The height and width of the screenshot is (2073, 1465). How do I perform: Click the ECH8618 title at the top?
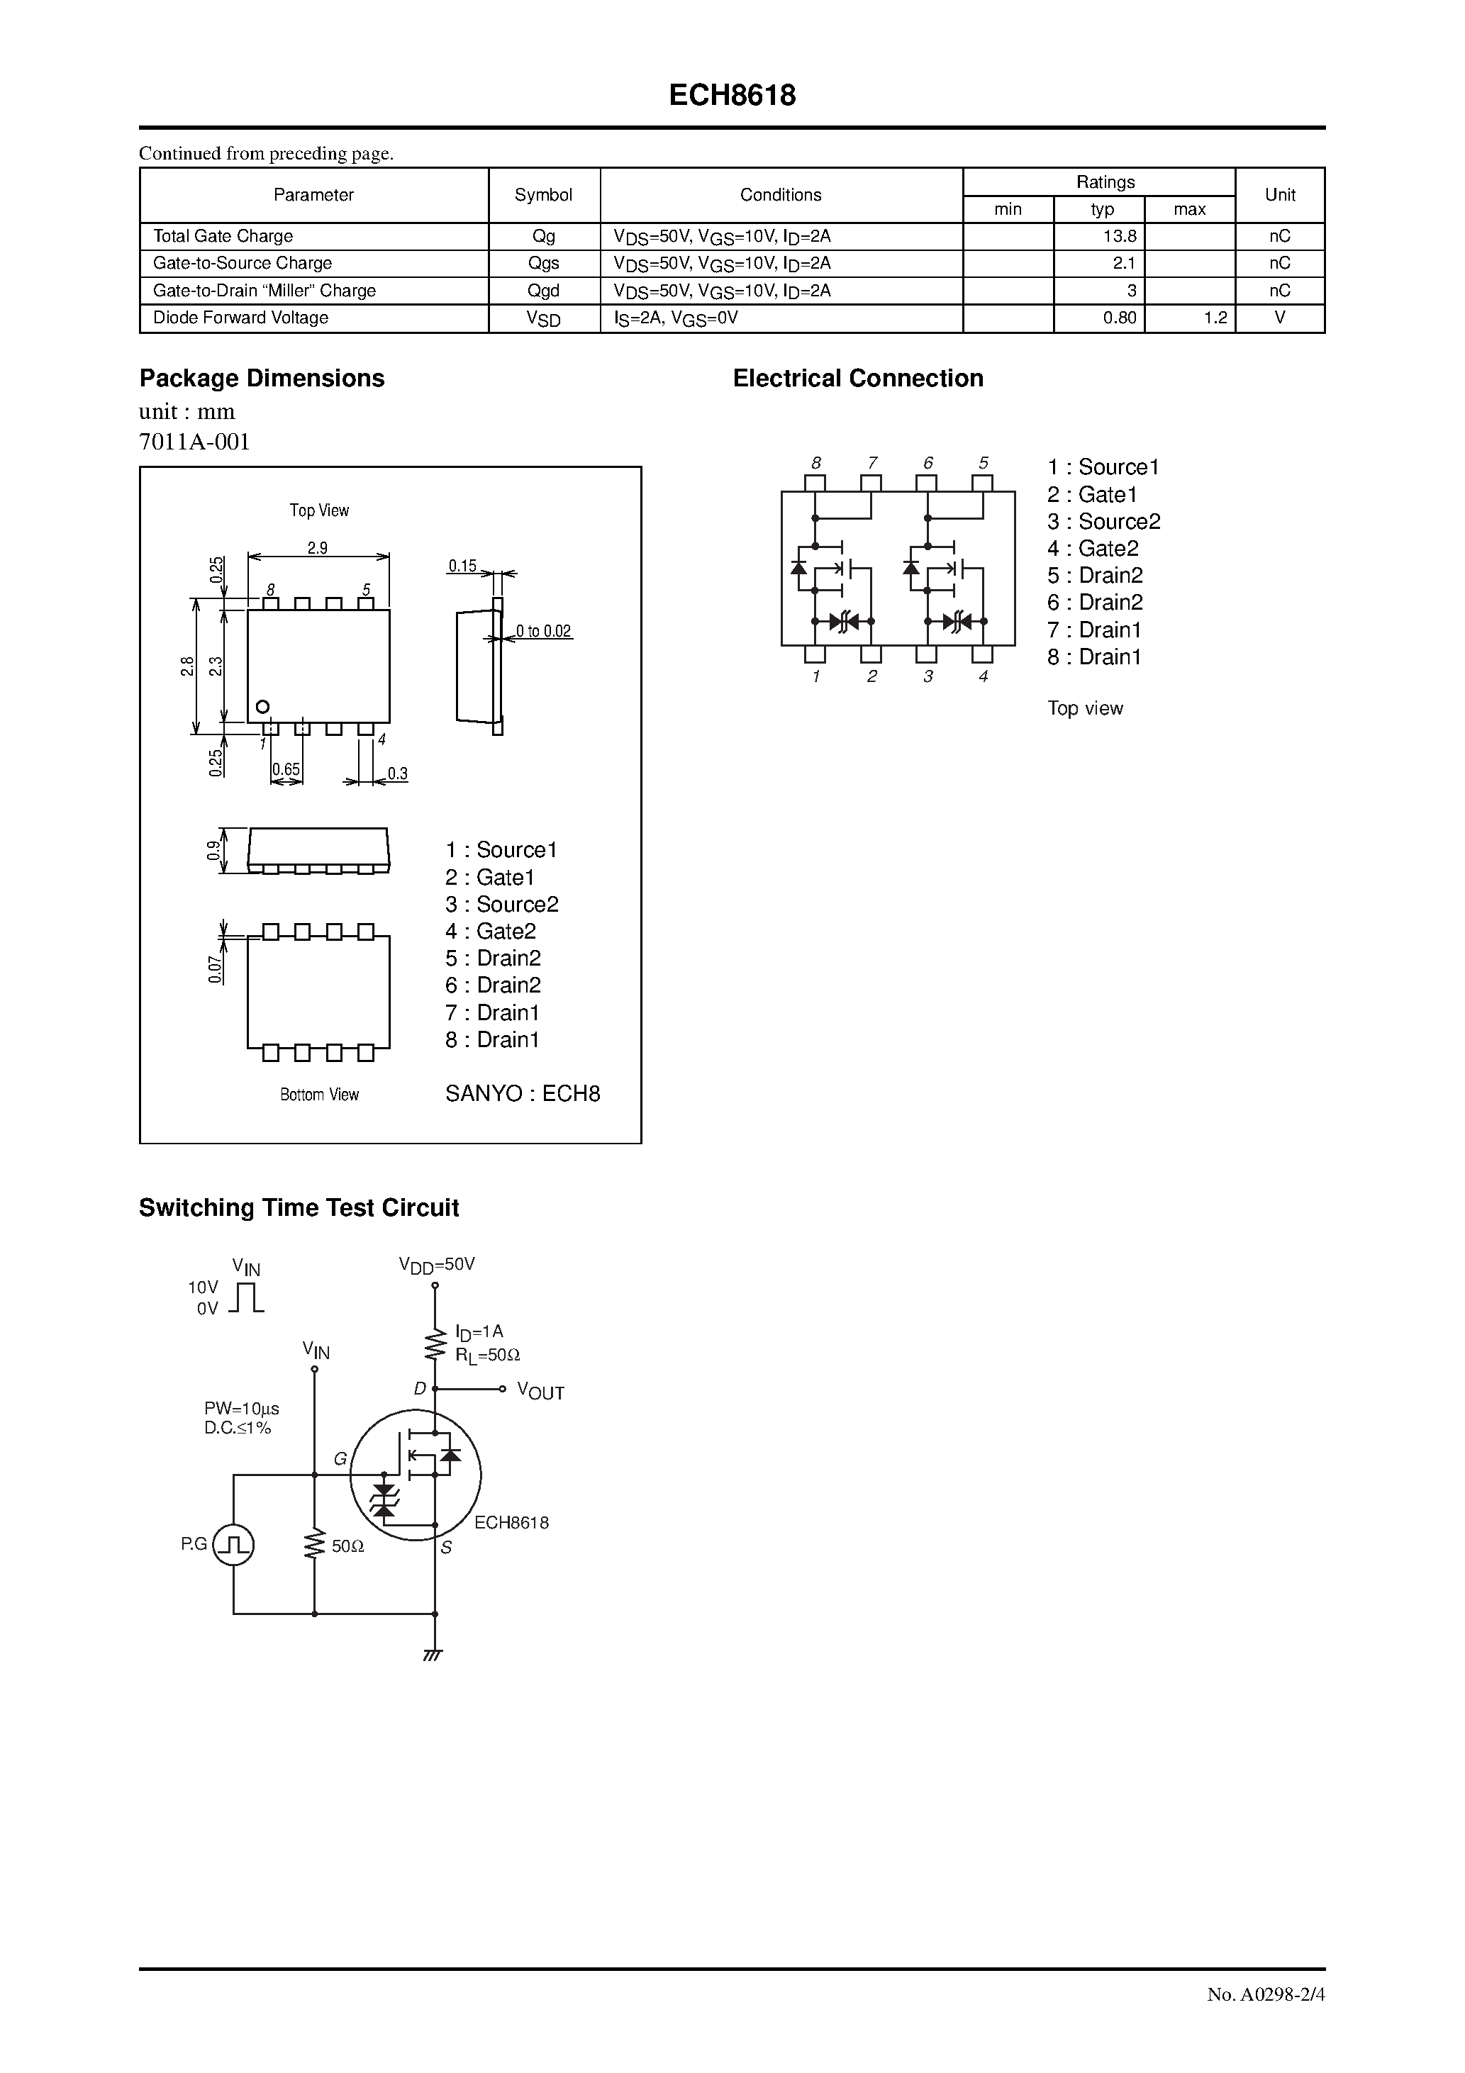coord(732,96)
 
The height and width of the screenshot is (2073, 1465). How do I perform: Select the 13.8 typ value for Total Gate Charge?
coord(1119,237)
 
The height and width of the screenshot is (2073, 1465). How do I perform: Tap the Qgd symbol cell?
coord(544,291)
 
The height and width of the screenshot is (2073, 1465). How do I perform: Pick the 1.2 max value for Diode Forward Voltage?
coord(1215,318)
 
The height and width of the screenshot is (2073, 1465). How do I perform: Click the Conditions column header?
coord(781,195)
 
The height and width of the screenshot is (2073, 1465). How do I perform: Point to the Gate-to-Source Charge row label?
coord(242,264)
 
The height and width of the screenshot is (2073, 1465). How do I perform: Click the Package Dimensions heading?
coord(261,379)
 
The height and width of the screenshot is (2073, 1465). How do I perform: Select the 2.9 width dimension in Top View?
coord(317,548)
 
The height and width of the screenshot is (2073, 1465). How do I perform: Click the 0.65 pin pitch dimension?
coord(286,770)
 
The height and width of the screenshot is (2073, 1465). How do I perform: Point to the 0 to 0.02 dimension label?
coord(544,632)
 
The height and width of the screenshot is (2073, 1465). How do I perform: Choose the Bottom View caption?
coord(319,1095)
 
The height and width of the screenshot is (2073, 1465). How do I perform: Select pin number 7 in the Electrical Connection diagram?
coord(872,463)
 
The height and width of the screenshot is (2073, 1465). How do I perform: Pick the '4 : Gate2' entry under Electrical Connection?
coord(1093,549)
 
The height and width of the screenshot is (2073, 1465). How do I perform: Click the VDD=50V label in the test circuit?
coord(436,1265)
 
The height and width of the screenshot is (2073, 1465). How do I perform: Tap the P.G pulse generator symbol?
coord(234,1546)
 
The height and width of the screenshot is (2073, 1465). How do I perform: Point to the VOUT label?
coord(540,1392)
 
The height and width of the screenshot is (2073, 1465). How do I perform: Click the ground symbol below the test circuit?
coord(433,1655)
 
